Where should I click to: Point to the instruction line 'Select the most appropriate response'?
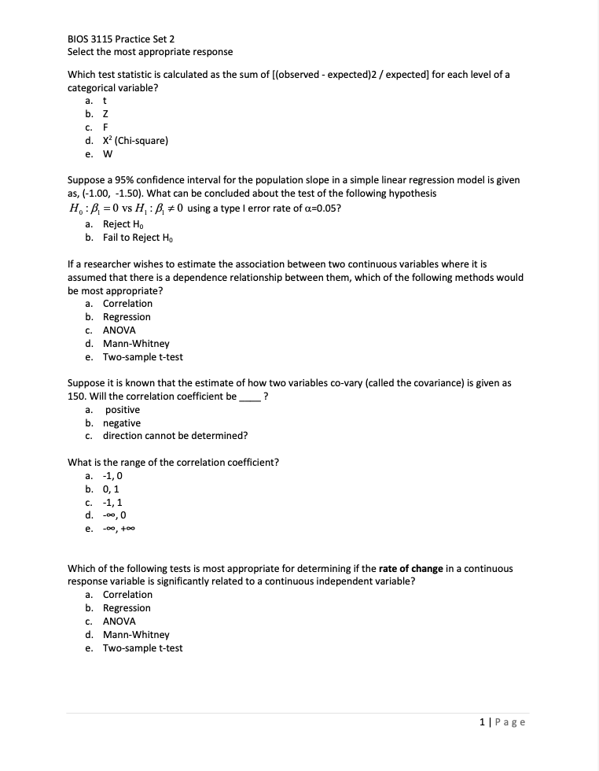pos(150,52)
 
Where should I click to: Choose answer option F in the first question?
pos(106,127)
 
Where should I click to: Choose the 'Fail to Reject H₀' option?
pos(137,238)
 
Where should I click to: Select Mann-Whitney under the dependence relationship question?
pos(136,344)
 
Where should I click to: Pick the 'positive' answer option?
pos(122,410)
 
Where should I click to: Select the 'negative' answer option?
pos(122,423)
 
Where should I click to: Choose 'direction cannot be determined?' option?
pos(175,436)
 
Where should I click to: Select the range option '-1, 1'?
pos(112,502)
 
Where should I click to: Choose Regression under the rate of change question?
pos(127,608)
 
